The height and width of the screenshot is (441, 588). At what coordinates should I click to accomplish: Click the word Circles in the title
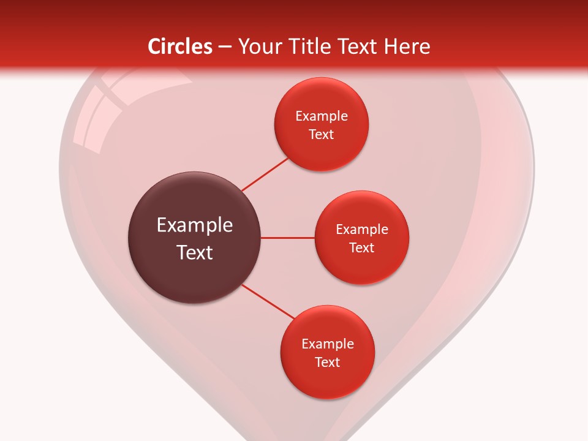click(179, 46)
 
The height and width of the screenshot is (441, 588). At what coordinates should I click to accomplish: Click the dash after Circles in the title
click(225, 47)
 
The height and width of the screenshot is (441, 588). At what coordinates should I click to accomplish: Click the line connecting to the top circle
click(265, 174)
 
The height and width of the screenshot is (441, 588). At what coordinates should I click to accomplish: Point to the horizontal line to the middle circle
click(287, 238)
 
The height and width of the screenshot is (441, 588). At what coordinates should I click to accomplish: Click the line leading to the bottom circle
click(268, 302)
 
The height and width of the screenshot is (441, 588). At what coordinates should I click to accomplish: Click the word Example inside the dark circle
click(195, 225)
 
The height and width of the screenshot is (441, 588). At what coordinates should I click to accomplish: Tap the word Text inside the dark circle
click(195, 252)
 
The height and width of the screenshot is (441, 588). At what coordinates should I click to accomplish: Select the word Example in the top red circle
click(322, 116)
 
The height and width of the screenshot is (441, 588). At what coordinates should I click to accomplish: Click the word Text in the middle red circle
click(361, 248)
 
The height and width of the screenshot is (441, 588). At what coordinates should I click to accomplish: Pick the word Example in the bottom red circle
click(328, 344)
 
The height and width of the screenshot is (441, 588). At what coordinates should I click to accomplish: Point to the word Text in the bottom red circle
click(327, 363)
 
